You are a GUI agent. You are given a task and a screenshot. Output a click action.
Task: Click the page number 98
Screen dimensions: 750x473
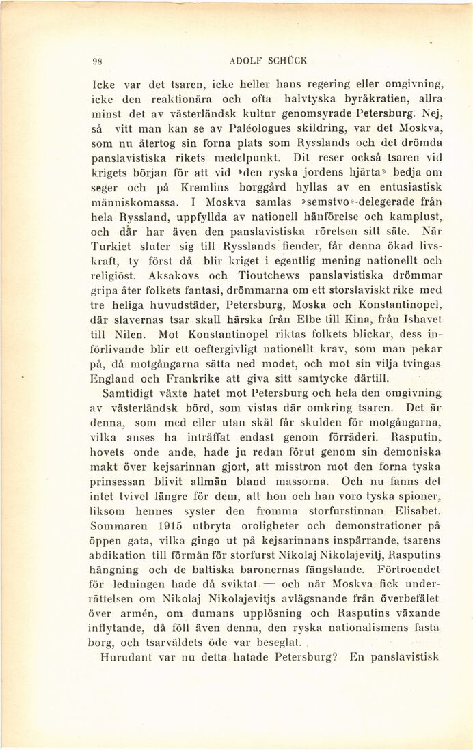pos(97,59)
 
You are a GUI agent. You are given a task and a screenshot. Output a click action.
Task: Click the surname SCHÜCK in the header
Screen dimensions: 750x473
pos(285,59)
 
